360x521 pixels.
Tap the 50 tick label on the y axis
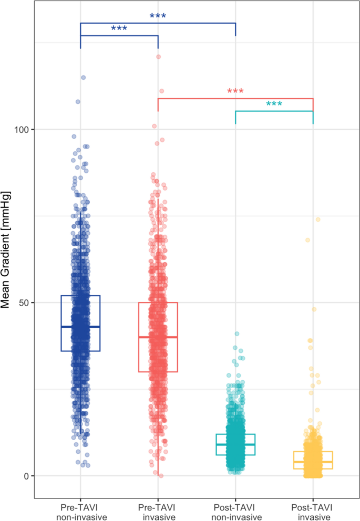24,303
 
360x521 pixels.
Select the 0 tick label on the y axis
27,476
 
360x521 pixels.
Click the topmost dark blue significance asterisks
158,16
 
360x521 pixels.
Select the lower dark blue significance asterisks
119,29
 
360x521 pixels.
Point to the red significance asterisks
235,92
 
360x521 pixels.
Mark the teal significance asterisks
274,105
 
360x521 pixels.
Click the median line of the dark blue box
80,327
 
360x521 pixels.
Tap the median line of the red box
158,337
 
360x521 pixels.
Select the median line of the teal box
235,444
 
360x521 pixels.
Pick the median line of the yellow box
313,462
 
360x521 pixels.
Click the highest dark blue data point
83,78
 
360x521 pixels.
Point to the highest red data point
158,57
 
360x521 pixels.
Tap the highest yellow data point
318,220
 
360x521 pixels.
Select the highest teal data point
237,334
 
